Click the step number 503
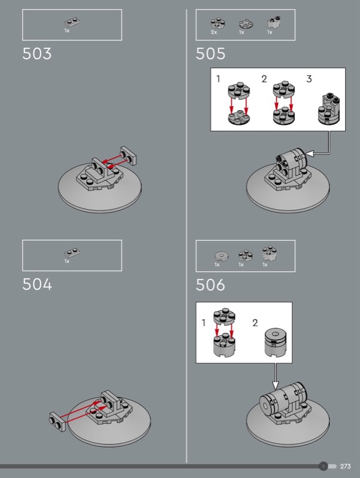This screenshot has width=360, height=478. coord(37,54)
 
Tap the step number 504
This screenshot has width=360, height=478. coord(37,284)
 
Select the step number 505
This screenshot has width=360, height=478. coord(210,54)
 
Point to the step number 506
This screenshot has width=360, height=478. coord(210,285)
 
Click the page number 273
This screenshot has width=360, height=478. coord(346,466)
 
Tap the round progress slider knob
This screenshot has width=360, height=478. coord(324,466)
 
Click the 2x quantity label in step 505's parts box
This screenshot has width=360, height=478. coord(214,32)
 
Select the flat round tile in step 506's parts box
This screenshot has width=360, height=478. coord(221,256)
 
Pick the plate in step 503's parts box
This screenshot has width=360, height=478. coord(72,22)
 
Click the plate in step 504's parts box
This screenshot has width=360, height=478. coord(72,253)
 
